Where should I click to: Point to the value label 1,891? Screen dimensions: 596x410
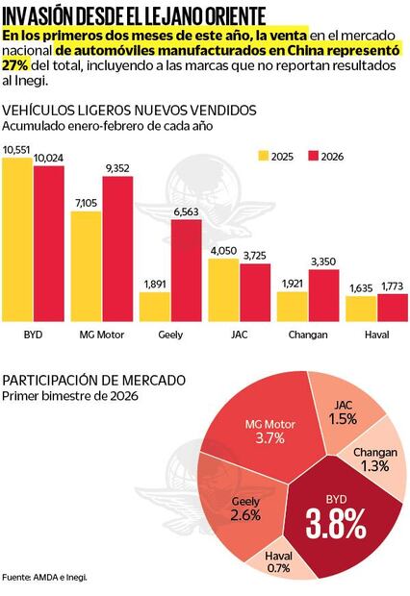[154, 284]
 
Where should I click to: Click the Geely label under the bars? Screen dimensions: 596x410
[170, 335]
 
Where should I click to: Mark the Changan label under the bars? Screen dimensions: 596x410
[307, 335]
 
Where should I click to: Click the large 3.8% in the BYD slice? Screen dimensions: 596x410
[335, 525]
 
